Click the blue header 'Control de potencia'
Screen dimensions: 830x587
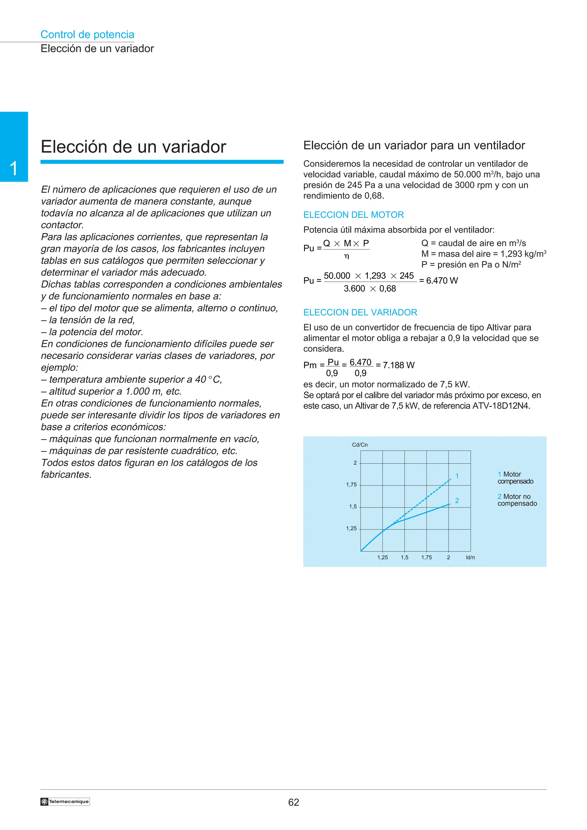pyautogui.click(x=87, y=35)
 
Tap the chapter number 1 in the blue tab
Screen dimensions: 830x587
pyautogui.click(x=14, y=169)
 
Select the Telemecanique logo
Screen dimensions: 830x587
pyautogui.click(x=65, y=801)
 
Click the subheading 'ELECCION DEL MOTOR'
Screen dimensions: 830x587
pyautogui.click(x=353, y=215)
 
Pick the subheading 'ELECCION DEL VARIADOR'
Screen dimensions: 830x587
pyautogui.click(x=360, y=312)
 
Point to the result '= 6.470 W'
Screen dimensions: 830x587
pyautogui.click(x=438, y=280)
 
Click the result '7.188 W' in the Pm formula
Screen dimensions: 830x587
pyautogui.click(x=399, y=365)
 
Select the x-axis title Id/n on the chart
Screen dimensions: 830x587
pyautogui.click(x=470, y=557)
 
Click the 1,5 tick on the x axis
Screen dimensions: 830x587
pyautogui.click(x=404, y=557)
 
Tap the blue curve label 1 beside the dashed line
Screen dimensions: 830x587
pyautogui.click(x=457, y=476)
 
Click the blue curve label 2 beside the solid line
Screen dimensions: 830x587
pyautogui.click(x=457, y=501)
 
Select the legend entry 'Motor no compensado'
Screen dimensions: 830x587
pyautogui.click(x=517, y=500)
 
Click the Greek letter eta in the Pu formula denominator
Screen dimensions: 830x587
pyautogui.click(x=346, y=256)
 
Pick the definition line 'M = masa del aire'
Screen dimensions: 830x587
pyautogui.click(x=483, y=254)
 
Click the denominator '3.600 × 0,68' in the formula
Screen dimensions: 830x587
pyautogui.click(x=370, y=289)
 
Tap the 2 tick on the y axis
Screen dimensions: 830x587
pyautogui.click(x=355, y=463)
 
